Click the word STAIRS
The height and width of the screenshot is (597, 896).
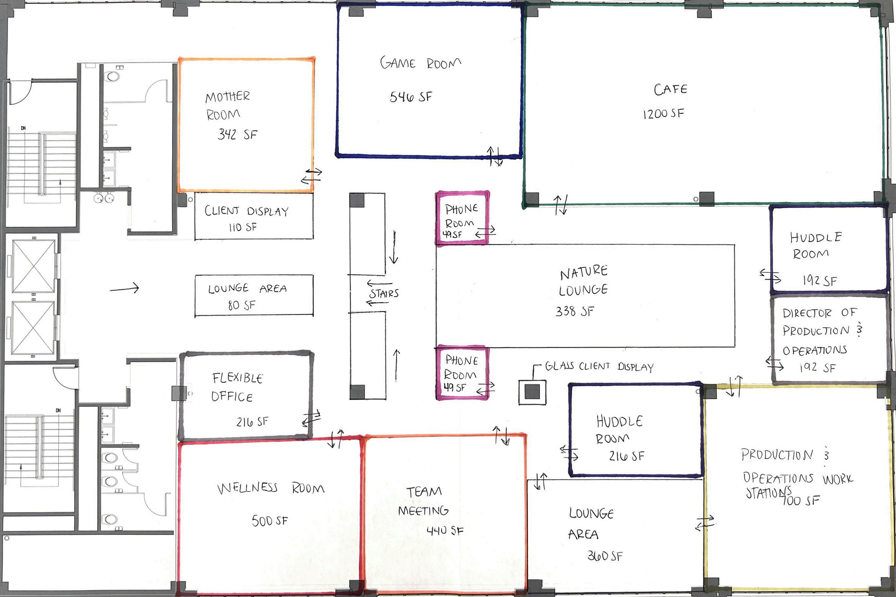click(x=384, y=293)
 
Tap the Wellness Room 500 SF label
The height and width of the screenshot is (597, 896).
click(x=270, y=503)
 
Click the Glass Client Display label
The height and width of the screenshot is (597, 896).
click(x=599, y=366)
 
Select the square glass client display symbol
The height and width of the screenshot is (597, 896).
click(x=532, y=391)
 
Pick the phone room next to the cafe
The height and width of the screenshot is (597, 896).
click(x=462, y=218)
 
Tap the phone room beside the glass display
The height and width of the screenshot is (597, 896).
click(x=461, y=373)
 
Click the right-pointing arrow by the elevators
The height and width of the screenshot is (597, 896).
click(x=124, y=289)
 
